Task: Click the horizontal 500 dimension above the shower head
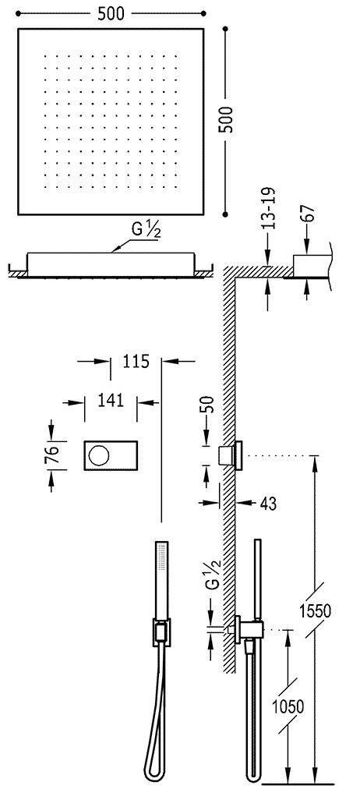(x=109, y=13)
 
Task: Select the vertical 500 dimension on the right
(x=227, y=119)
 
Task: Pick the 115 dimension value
(x=135, y=361)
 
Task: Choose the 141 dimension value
(x=111, y=400)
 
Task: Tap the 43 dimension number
(x=267, y=504)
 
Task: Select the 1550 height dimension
(x=316, y=610)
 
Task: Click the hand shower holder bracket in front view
(x=161, y=633)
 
